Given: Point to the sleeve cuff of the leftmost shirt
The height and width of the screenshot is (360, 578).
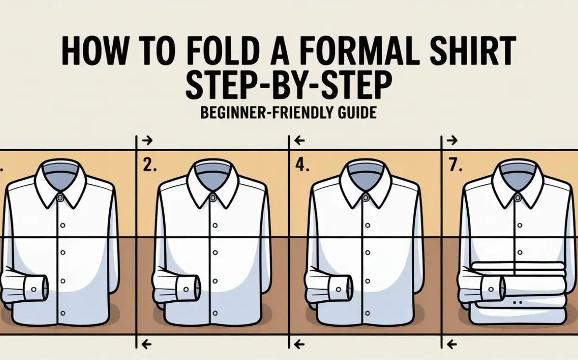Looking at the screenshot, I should coord(34,288).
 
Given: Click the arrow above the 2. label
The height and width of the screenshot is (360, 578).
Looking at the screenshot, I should coord(148,141).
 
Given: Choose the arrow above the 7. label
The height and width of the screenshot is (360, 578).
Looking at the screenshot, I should coord(452,141).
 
